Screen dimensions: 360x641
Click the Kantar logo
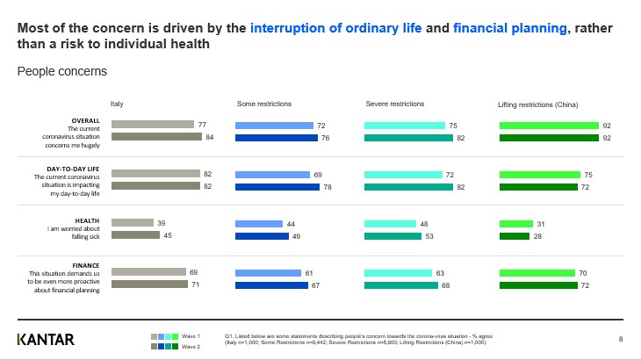point(46,340)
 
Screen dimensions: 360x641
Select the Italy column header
point(117,104)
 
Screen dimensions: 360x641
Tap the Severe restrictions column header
point(394,104)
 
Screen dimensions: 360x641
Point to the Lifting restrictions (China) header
point(538,104)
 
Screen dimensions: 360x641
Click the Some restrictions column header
point(264,104)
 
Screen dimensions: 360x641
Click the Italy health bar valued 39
point(132,224)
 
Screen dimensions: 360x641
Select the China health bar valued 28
point(515,235)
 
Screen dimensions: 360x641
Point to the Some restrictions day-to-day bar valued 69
point(274,175)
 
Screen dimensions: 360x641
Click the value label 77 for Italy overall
point(202,126)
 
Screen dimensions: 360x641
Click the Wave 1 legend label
point(191,336)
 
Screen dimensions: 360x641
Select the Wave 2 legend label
point(191,348)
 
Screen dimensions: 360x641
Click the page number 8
point(621,339)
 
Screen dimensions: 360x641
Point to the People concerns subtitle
point(62,69)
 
